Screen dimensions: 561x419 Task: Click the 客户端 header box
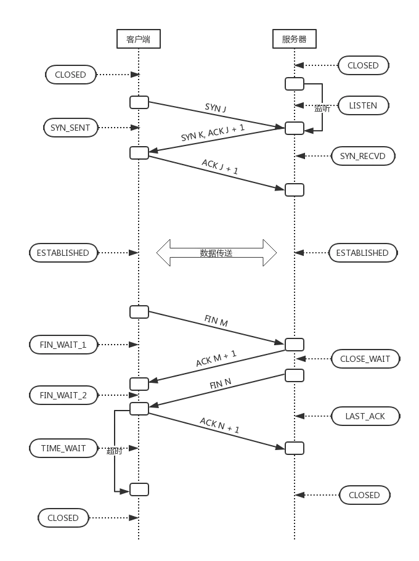click(x=138, y=39)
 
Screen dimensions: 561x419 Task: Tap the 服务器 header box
click(x=294, y=39)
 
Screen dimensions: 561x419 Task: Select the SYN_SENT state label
click(x=70, y=128)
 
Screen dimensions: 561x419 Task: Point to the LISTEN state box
click(x=363, y=105)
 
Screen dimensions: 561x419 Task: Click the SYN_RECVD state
click(x=362, y=156)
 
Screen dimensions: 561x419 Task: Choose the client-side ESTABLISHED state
click(x=63, y=253)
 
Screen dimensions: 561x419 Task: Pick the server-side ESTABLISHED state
click(x=362, y=253)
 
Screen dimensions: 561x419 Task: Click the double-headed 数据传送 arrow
click(x=216, y=253)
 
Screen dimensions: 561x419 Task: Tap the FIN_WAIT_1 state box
click(x=63, y=345)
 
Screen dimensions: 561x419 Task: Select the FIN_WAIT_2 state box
click(x=63, y=395)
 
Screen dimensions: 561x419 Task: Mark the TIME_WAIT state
click(x=63, y=448)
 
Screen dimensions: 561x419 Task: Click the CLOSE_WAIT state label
click(x=365, y=359)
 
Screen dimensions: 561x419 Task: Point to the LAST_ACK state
click(x=365, y=416)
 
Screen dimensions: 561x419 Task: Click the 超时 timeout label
click(x=115, y=451)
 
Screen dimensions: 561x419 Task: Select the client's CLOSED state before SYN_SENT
click(x=70, y=75)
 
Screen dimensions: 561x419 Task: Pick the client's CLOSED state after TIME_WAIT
click(x=63, y=518)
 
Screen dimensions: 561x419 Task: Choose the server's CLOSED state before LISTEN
click(x=363, y=65)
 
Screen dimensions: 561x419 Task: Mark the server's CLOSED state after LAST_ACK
click(x=364, y=495)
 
